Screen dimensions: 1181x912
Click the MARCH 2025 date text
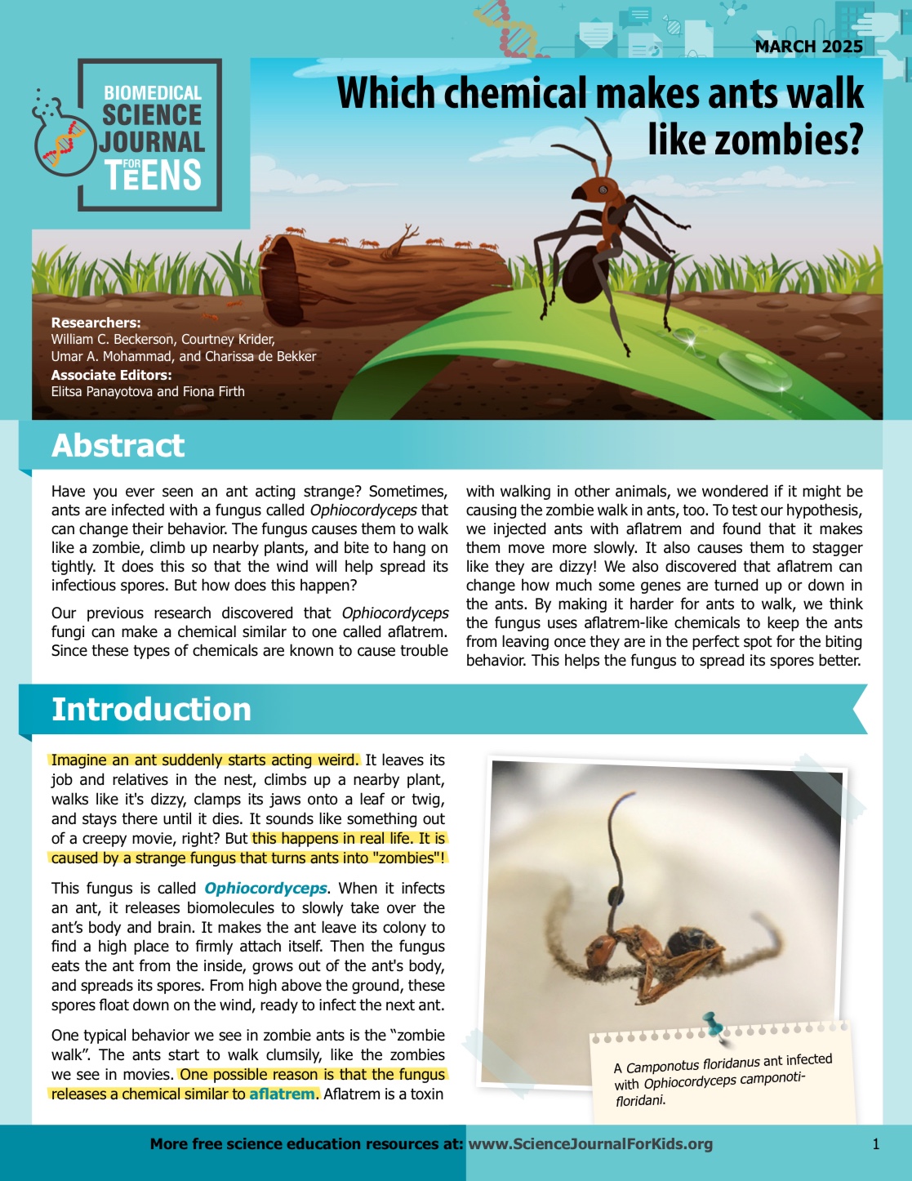[808, 47]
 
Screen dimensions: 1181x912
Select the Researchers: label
[96, 323]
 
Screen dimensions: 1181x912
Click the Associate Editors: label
[111, 375]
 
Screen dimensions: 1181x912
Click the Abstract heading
[118, 446]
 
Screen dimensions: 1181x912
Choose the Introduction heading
[151, 709]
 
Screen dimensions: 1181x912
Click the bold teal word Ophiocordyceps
[265, 888]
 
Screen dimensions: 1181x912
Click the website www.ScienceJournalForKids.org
[590, 1143]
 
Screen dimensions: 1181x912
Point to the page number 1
[876, 1143]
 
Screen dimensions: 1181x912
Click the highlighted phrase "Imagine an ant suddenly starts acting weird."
[204, 760]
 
